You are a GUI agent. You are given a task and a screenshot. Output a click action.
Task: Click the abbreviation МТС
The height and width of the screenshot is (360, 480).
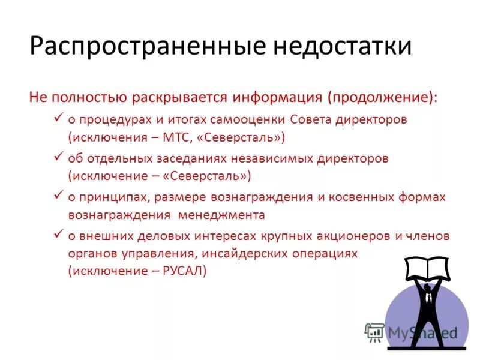pos(178,137)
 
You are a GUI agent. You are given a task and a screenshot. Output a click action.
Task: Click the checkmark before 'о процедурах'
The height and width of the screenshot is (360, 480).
pos(59,118)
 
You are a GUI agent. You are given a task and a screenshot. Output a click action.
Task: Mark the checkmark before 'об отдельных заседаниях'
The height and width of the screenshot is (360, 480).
pos(59,157)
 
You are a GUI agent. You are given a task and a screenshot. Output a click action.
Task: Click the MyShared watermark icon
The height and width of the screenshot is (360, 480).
pos(374,332)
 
